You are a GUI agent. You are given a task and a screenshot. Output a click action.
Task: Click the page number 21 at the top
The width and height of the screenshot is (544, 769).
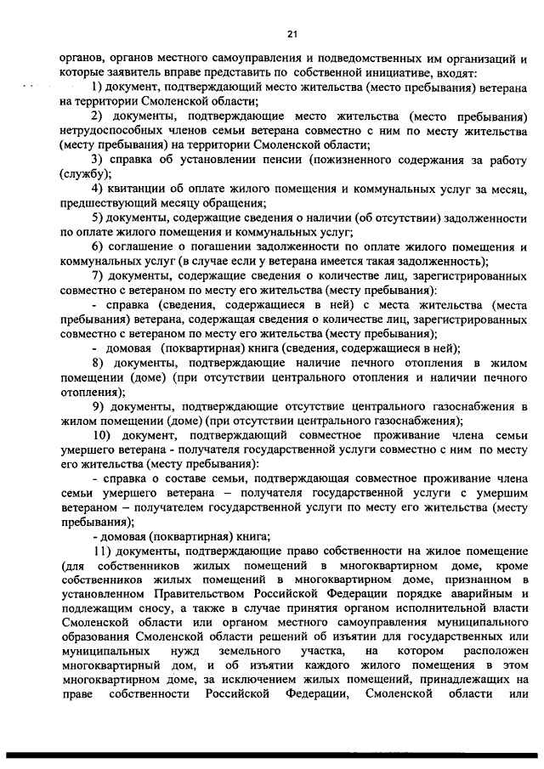[x=292, y=34]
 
